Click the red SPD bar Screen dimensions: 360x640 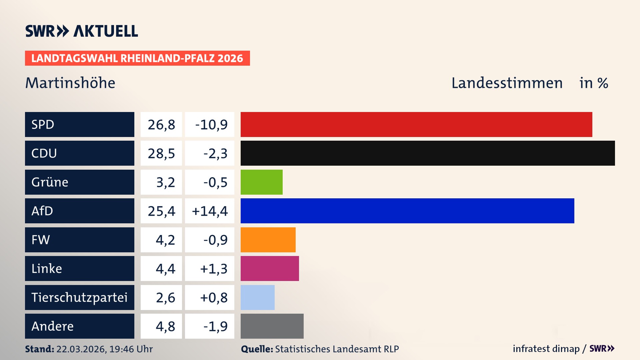click(x=416, y=124)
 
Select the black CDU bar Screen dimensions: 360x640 click(x=427, y=153)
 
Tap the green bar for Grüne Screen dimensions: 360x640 click(x=261, y=182)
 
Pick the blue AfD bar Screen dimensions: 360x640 click(x=407, y=211)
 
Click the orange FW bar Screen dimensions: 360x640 click(x=268, y=240)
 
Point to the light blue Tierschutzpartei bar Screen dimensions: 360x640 click(x=257, y=297)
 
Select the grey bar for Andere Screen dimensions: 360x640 click(x=272, y=326)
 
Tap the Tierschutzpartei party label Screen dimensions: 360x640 click(x=79, y=297)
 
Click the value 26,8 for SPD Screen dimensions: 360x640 click(x=161, y=125)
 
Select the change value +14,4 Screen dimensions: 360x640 click(x=210, y=211)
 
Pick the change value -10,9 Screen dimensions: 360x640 click(x=211, y=125)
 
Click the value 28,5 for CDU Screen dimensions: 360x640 click(x=161, y=153)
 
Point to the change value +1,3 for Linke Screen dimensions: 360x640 click(x=213, y=269)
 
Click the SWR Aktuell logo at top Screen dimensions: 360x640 click(x=81, y=31)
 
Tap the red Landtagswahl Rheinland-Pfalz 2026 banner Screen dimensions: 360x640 click(x=137, y=58)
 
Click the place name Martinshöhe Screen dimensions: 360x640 click(x=70, y=83)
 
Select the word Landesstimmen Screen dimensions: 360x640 click(x=507, y=83)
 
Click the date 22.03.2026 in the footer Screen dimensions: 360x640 click(x=81, y=349)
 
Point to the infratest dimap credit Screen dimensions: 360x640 click(x=546, y=349)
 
